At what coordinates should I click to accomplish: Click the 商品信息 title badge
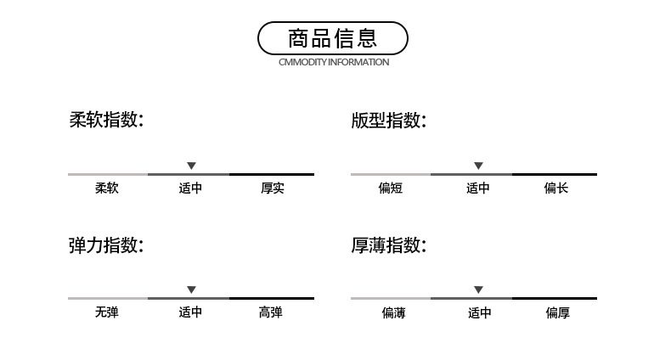click(333, 38)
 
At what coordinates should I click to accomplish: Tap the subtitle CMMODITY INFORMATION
click(334, 62)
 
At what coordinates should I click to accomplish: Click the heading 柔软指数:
click(106, 120)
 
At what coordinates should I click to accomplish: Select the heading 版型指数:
click(388, 121)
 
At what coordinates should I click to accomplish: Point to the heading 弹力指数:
click(106, 246)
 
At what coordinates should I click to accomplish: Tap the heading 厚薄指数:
click(388, 246)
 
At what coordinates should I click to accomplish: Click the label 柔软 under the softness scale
click(107, 188)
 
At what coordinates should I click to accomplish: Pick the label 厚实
click(272, 188)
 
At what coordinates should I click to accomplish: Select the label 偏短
click(390, 188)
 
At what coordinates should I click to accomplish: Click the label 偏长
click(555, 188)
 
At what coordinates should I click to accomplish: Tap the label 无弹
click(107, 313)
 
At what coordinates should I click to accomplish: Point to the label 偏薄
click(393, 313)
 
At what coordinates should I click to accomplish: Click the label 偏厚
click(557, 313)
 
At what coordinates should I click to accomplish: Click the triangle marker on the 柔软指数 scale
click(191, 166)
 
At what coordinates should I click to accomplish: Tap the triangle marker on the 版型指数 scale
click(478, 166)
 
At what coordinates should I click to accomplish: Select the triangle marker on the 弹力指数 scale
click(191, 290)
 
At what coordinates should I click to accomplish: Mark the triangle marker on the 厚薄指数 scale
click(478, 290)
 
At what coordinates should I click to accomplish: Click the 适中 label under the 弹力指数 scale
click(190, 313)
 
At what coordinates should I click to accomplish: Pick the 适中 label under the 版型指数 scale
click(477, 188)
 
